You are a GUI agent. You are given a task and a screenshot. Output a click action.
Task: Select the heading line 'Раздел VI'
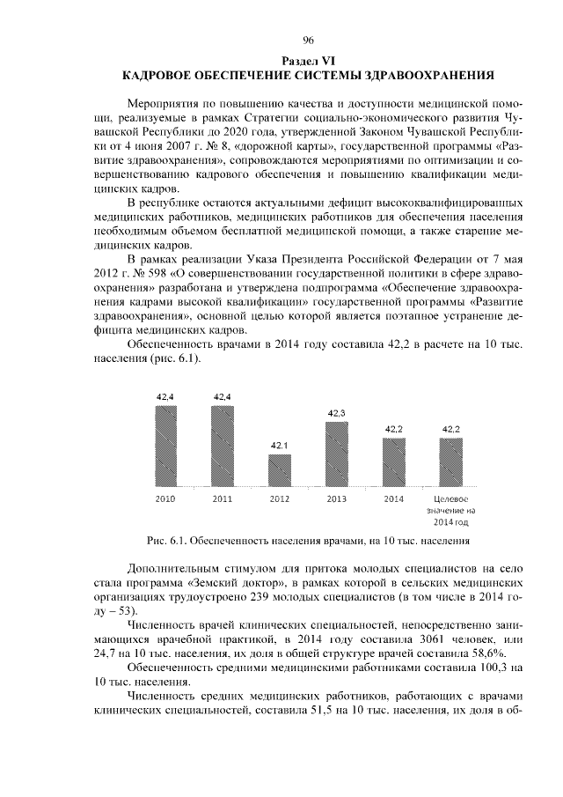[308, 60]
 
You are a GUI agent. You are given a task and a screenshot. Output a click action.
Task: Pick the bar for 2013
[337, 454]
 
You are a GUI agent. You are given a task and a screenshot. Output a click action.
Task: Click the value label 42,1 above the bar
[280, 446]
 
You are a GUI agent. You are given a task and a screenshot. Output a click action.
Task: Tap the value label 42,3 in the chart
[337, 412]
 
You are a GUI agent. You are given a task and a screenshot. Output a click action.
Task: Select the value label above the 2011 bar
[223, 397]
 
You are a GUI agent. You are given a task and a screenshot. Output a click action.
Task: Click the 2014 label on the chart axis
[394, 498]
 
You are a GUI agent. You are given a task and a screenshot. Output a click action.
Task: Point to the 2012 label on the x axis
[280, 498]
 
